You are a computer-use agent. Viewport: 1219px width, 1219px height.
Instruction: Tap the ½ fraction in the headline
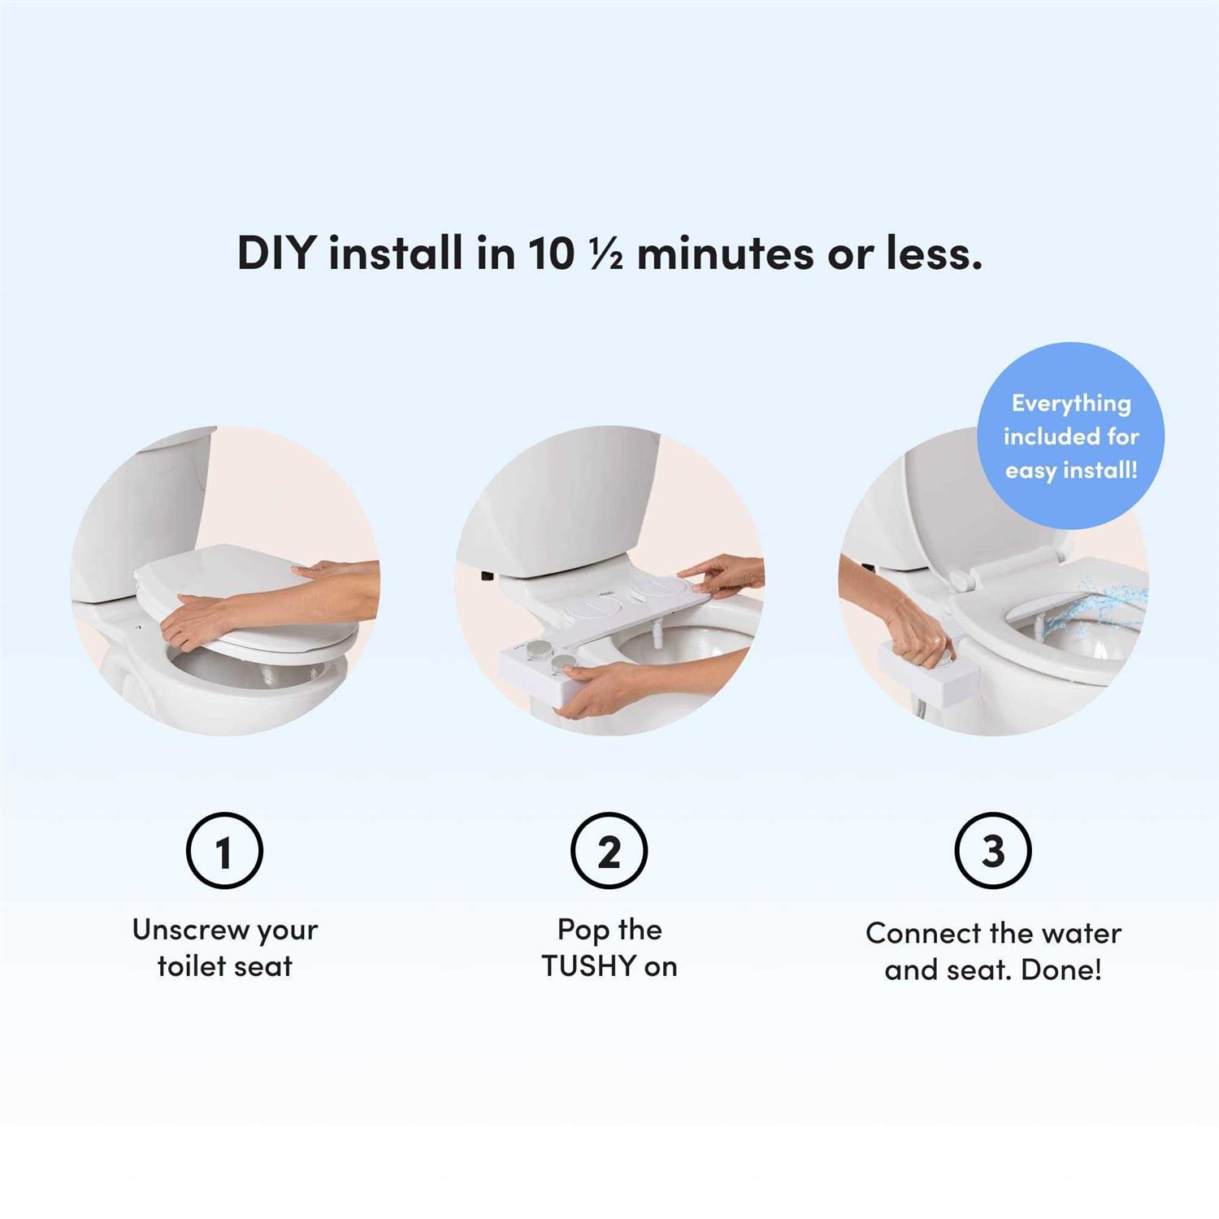[605, 253]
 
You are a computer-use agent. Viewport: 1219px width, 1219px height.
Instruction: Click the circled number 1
[224, 851]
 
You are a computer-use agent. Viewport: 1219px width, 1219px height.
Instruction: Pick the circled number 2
[609, 851]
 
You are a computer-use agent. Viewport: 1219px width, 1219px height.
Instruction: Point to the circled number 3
[993, 851]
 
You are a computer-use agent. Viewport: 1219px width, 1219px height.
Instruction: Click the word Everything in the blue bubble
[1071, 404]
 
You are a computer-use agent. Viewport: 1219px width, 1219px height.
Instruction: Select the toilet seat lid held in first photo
[244, 597]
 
